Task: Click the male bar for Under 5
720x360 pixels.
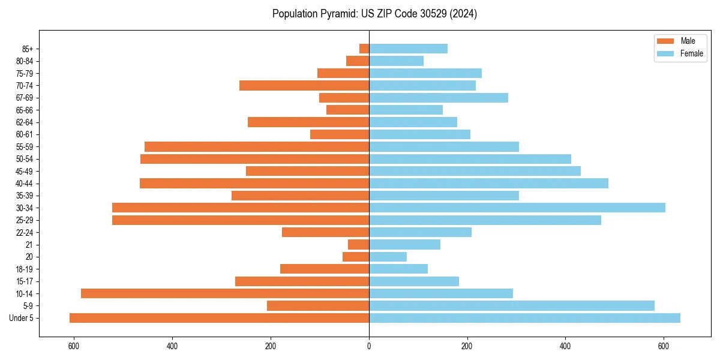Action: pyautogui.click(x=219, y=318)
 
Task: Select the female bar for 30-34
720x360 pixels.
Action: pyautogui.click(x=517, y=208)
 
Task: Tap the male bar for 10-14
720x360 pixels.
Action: pyautogui.click(x=225, y=293)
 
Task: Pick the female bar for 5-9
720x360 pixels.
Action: pyautogui.click(x=511, y=305)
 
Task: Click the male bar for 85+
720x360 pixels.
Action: pyautogui.click(x=364, y=49)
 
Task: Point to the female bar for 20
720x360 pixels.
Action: pyautogui.click(x=388, y=257)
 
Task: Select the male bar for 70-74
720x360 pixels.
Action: pyautogui.click(x=304, y=85)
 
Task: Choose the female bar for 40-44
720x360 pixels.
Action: pyautogui.click(x=488, y=183)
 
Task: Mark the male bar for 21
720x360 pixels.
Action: pyautogui.click(x=358, y=244)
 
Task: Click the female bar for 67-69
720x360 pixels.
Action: pyautogui.click(x=439, y=98)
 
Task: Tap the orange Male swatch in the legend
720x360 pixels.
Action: pyautogui.click(x=665, y=41)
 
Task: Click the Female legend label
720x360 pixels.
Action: pyautogui.click(x=691, y=53)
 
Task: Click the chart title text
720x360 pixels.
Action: pyautogui.click(x=374, y=14)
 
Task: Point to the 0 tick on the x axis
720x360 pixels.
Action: pyautogui.click(x=369, y=346)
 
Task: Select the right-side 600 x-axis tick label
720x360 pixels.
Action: pyautogui.click(x=664, y=346)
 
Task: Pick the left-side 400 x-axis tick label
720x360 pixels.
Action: pyautogui.click(x=172, y=346)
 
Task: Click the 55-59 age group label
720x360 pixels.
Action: pyautogui.click(x=24, y=146)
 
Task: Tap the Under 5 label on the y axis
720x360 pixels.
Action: pyautogui.click(x=21, y=318)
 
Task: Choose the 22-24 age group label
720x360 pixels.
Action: pyautogui.click(x=24, y=232)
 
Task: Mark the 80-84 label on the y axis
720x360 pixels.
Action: pyautogui.click(x=24, y=61)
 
